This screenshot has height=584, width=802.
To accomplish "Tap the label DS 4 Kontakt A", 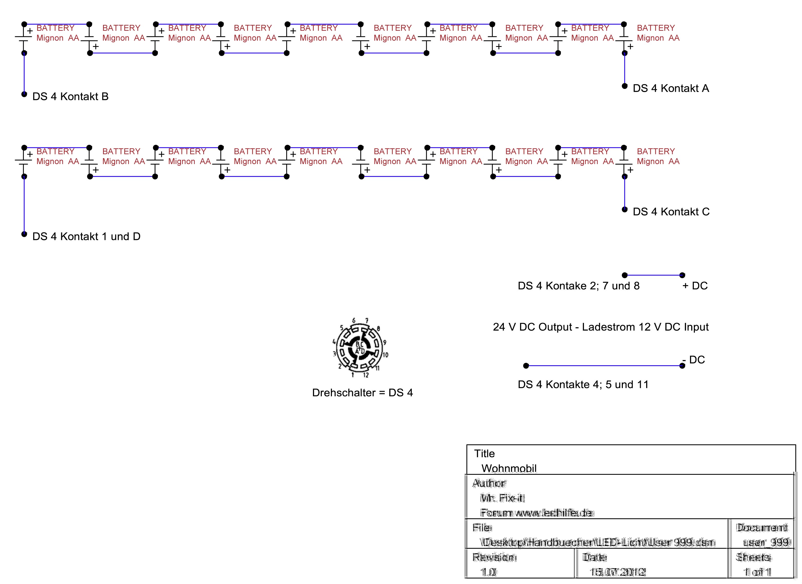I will pos(671,88).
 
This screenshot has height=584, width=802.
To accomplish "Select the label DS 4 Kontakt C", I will pos(671,212).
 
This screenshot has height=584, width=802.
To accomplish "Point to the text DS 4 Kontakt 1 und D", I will pos(86,237).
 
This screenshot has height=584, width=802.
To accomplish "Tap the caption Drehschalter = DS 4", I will pos(362,393).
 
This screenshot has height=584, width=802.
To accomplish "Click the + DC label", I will pos(695,286).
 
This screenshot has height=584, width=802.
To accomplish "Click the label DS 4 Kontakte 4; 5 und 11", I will pos(583,385).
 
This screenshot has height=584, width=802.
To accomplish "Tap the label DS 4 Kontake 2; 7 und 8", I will pos(578,286).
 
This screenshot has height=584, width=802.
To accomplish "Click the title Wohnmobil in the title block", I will pos(509,469).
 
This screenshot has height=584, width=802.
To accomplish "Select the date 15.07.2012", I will pos(617,572).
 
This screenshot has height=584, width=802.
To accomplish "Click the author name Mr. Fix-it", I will pos(502,498).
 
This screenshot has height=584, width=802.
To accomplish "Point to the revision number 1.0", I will pos(488,572).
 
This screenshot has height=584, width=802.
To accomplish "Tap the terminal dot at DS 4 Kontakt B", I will pos(24,94).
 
